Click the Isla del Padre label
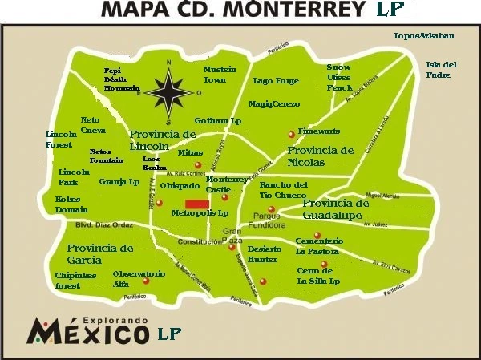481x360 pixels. (x=442, y=69)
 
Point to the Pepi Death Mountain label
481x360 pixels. (x=122, y=79)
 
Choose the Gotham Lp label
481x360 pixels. (x=218, y=120)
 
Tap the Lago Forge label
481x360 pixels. (x=275, y=81)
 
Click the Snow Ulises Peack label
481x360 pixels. (x=340, y=76)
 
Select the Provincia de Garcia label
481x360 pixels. (x=100, y=254)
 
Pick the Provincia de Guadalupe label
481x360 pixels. (x=336, y=208)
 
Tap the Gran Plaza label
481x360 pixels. (x=232, y=236)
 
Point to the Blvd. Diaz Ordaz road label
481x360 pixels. (x=87, y=224)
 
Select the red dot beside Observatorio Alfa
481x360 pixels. (x=146, y=281)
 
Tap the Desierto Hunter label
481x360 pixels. (x=262, y=254)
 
